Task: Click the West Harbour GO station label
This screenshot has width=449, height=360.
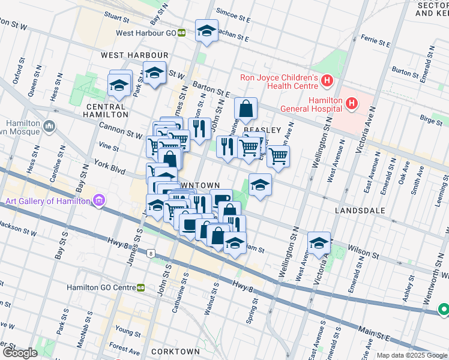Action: click(x=149, y=34)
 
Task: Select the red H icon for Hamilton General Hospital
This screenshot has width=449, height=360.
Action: click(x=352, y=104)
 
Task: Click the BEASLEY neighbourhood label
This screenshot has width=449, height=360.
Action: click(x=262, y=130)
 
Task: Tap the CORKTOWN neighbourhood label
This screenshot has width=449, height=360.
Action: click(x=175, y=352)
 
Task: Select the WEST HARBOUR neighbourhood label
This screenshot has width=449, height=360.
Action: click(x=134, y=55)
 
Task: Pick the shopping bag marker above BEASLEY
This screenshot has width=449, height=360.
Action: click(x=246, y=109)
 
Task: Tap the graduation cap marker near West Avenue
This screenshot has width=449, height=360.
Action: click(x=319, y=243)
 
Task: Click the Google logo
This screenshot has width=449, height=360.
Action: click(x=20, y=352)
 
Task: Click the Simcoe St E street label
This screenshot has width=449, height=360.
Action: click(x=233, y=19)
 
